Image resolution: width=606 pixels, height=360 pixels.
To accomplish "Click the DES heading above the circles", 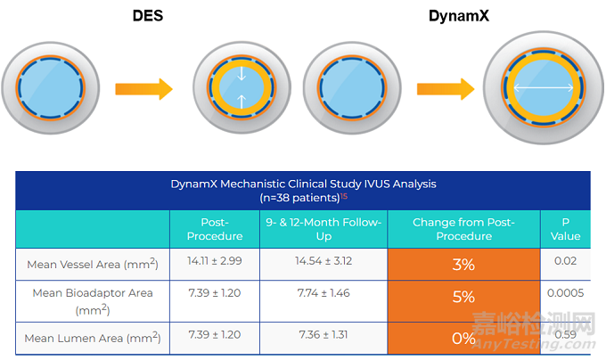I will coord(148,15).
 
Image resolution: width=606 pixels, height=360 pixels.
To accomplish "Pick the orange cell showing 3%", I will coord(463,265).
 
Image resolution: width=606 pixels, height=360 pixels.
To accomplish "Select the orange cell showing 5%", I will coord(463,297).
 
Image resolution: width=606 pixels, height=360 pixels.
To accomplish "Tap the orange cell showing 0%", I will coord(463,338).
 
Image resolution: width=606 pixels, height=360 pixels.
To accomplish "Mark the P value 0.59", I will coord(564,334).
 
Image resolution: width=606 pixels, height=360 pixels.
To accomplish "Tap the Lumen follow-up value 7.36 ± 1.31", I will coord(323,334).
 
